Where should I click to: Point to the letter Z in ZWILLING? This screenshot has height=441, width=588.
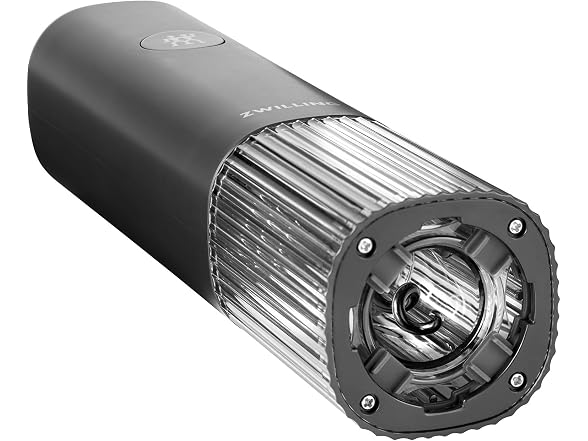click(x=247, y=116)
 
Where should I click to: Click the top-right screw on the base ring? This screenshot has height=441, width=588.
click(x=516, y=226)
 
